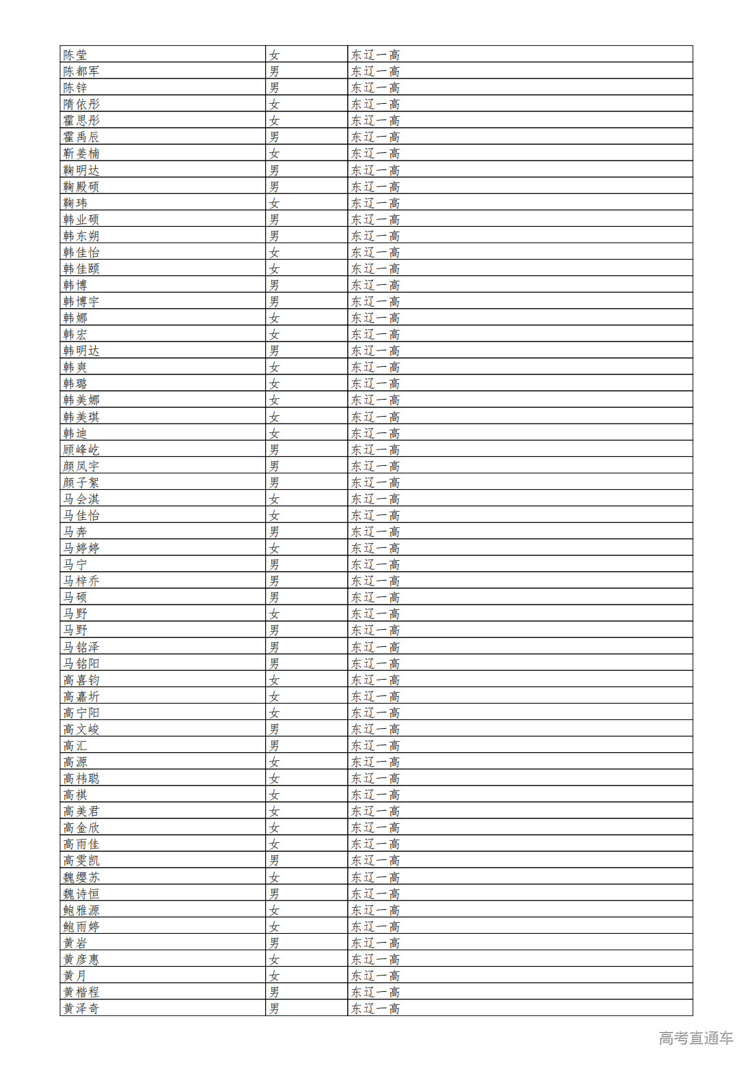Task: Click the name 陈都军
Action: (x=81, y=71)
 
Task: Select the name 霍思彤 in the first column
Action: (x=81, y=120)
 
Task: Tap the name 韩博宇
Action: (x=81, y=301)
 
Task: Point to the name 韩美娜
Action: (x=81, y=400)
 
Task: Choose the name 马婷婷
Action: (x=81, y=548)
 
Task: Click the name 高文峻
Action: (x=81, y=729)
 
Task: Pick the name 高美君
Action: (x=81, y=811)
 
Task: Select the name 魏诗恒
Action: (x=81, y=894)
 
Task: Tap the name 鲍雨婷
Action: (x=81, y=926)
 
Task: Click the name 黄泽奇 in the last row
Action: (x=81, y=1008)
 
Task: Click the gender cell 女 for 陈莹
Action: (x=274, y=55)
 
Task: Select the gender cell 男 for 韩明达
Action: (x=274, y=350)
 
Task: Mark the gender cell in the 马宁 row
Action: (x=274, y=564)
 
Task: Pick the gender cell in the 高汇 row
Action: (x=274, y=745)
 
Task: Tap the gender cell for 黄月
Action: (x=274, y=976)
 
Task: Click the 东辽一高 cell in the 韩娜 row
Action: (x=375, y=318)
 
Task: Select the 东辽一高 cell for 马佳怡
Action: (x=375, y=515)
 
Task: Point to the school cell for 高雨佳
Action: (x=375, y=844)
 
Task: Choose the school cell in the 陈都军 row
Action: (x=375, y=71)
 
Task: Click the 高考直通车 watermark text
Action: (x=696, y=1038)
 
